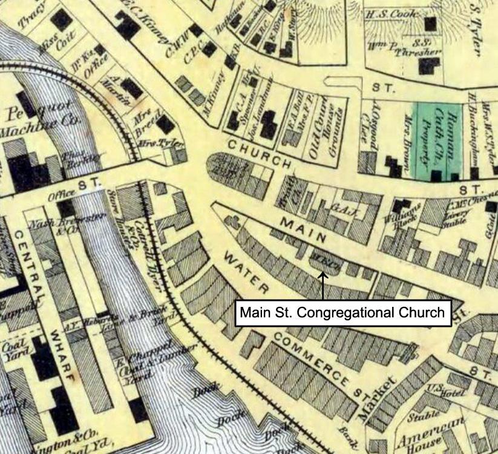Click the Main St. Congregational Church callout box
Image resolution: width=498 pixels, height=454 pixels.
(x=342, y=313)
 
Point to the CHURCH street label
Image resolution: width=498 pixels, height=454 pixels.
(x=260, y=154)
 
